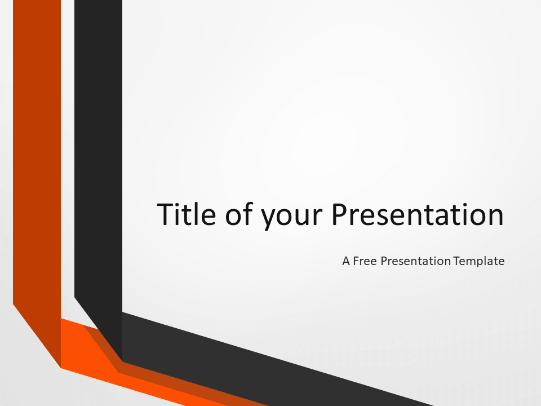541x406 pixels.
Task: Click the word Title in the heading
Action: coord(187,214)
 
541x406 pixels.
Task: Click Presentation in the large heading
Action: coord(418,214)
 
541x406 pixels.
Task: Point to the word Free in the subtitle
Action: coord(365,261)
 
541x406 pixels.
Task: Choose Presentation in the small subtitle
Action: coord(416,261)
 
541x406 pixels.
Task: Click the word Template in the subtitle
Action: coord(479,261)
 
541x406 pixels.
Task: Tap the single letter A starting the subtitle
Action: coord(346,261)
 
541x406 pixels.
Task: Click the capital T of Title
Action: coord(166,214)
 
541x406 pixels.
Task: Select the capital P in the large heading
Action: coord(340,214)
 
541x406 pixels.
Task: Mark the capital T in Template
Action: coord(458,261)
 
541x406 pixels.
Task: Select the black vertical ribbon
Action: coord(98,156)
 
